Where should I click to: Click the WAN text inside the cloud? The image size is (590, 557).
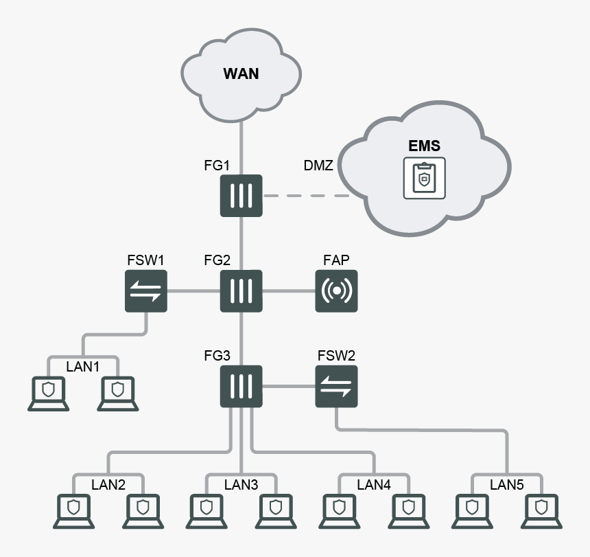pos(241,73)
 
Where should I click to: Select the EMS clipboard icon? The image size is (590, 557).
pos(424,179)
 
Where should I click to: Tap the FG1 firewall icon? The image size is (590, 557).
pos(241,196)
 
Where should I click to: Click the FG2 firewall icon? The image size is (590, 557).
pos(241,291)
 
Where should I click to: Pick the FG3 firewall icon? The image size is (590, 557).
pos(241,386)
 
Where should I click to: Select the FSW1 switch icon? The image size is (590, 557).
pos(146,291)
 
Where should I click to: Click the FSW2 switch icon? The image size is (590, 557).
pos(336,386)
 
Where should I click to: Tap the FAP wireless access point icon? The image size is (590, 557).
pos(336,291)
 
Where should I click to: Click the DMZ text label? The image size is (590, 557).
pos(318,166)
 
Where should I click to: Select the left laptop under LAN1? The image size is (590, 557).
pos(48,394)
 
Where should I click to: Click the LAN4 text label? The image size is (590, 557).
pos(373,485)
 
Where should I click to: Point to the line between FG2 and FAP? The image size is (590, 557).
pos(288,291)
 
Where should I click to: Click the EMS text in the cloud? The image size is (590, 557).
pos(424,146)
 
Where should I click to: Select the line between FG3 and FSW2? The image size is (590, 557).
pos(288,386)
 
